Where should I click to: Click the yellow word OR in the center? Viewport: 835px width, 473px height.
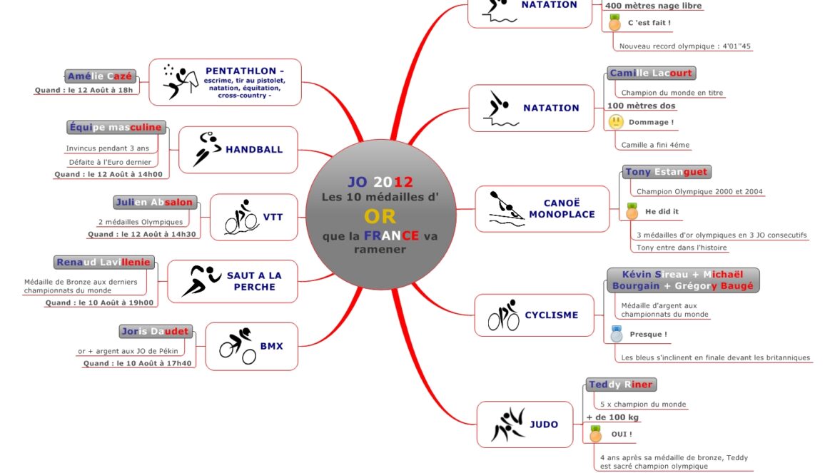(380, 216)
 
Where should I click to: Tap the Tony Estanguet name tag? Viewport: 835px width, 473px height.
(666, 172)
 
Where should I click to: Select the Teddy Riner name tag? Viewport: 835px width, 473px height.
(620, 385)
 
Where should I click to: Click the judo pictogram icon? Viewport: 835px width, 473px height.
(507, 425)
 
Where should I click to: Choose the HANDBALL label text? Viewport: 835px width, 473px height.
(254, 150)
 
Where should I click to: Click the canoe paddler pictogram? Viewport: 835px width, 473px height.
(505, 208)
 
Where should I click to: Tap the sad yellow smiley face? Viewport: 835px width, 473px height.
(615, 122)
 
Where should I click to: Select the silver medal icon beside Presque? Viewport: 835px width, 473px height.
(616, 333)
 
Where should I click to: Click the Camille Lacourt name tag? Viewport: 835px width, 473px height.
(651, 73)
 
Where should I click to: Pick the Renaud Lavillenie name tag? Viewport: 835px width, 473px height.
(104, 262)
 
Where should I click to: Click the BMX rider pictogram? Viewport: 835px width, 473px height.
(237, 345)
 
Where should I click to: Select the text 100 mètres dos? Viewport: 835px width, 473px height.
(641, 106)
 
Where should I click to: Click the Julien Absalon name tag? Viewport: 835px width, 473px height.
(154, 202)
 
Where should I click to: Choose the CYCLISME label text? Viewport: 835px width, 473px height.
(552, 315)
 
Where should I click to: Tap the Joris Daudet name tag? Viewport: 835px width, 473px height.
(155, 331)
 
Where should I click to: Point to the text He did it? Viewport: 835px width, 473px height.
(662, 211)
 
